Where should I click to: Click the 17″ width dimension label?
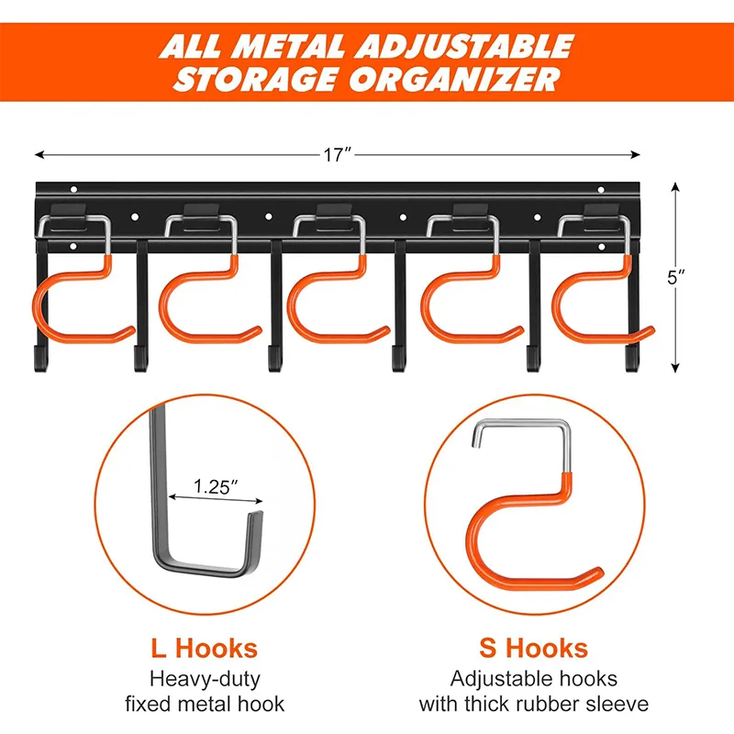click(x=338, y=155)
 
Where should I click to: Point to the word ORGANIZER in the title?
click(x=458, y=78)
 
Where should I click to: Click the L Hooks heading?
click(x=205, y=649)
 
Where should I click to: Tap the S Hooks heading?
click(x=533, y=649)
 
